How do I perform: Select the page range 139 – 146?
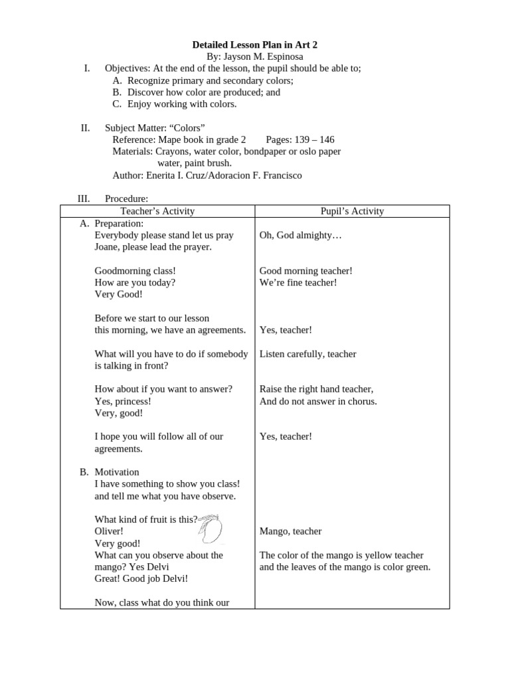pos(300,140)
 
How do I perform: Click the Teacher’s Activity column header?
pos(157,211)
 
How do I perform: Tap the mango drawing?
pos(211,529)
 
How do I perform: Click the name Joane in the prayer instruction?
pos(108,248)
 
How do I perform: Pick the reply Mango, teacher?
pos(290,531)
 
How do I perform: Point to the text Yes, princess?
pos(123,401)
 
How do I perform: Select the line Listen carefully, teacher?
pos(308,354)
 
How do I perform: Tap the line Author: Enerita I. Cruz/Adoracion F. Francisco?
pos(207,176)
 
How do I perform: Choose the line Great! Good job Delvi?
pos(141,578)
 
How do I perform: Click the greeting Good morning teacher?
pos(305,271)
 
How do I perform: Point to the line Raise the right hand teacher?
pos(316,389)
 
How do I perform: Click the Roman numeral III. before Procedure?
pos(84,199)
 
